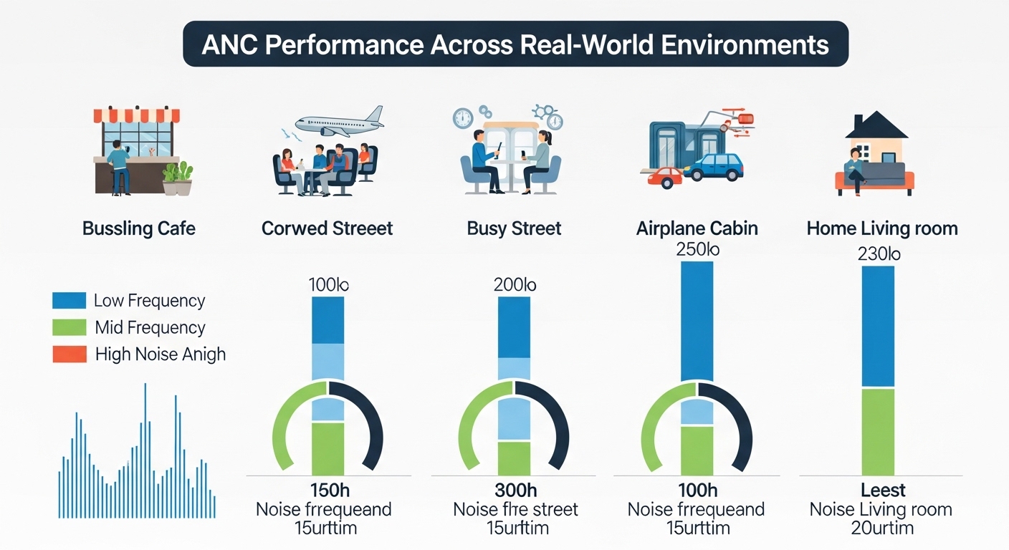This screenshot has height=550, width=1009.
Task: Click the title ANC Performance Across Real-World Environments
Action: coord(515,44)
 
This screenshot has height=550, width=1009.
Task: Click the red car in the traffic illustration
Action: coord(664,176)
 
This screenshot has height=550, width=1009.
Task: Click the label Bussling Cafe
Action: coord(139,229)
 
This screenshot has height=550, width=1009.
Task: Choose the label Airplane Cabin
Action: coord(697,229)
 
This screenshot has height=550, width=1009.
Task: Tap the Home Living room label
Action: coord(881,229)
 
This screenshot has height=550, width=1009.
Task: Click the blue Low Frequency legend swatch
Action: coord(69,301)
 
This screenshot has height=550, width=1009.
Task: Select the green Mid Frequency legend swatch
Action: coord(69,327)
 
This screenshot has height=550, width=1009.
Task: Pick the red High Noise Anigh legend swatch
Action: coord(69,354)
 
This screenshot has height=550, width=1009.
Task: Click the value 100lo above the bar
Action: coord(328,284)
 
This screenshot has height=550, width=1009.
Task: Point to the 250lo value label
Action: coord(697,250)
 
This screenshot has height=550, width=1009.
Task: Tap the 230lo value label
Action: coord(879,254)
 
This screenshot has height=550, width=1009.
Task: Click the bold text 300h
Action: coord(515,491)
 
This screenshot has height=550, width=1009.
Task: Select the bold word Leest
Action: coord(883,491)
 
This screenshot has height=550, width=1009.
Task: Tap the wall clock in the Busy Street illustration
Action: coord(463,118)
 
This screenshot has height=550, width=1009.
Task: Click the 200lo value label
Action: coord(515,284)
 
